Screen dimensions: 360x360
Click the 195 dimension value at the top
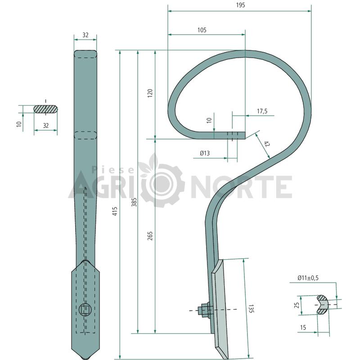240,5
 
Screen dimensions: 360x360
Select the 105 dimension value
202,30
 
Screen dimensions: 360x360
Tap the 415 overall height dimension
115,211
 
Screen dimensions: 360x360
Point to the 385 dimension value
134,202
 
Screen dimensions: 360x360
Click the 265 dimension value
150,236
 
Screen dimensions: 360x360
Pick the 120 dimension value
150,93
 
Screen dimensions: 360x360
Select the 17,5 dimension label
262,111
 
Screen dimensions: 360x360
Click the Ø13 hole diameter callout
205,153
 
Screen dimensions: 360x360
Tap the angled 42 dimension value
266,144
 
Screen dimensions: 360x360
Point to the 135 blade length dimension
252,309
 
